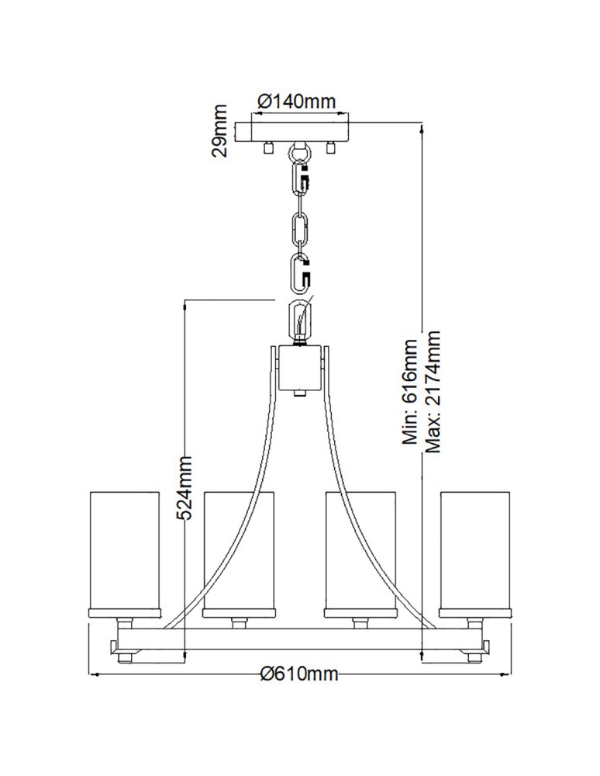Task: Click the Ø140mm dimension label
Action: click(x=297, y=102)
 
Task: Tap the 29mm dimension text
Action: click(x=219, y=130)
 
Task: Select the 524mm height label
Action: click(x=184, y=488)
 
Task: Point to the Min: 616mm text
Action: click(x=410, y=391)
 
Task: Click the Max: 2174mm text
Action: click(x=432, y=392)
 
